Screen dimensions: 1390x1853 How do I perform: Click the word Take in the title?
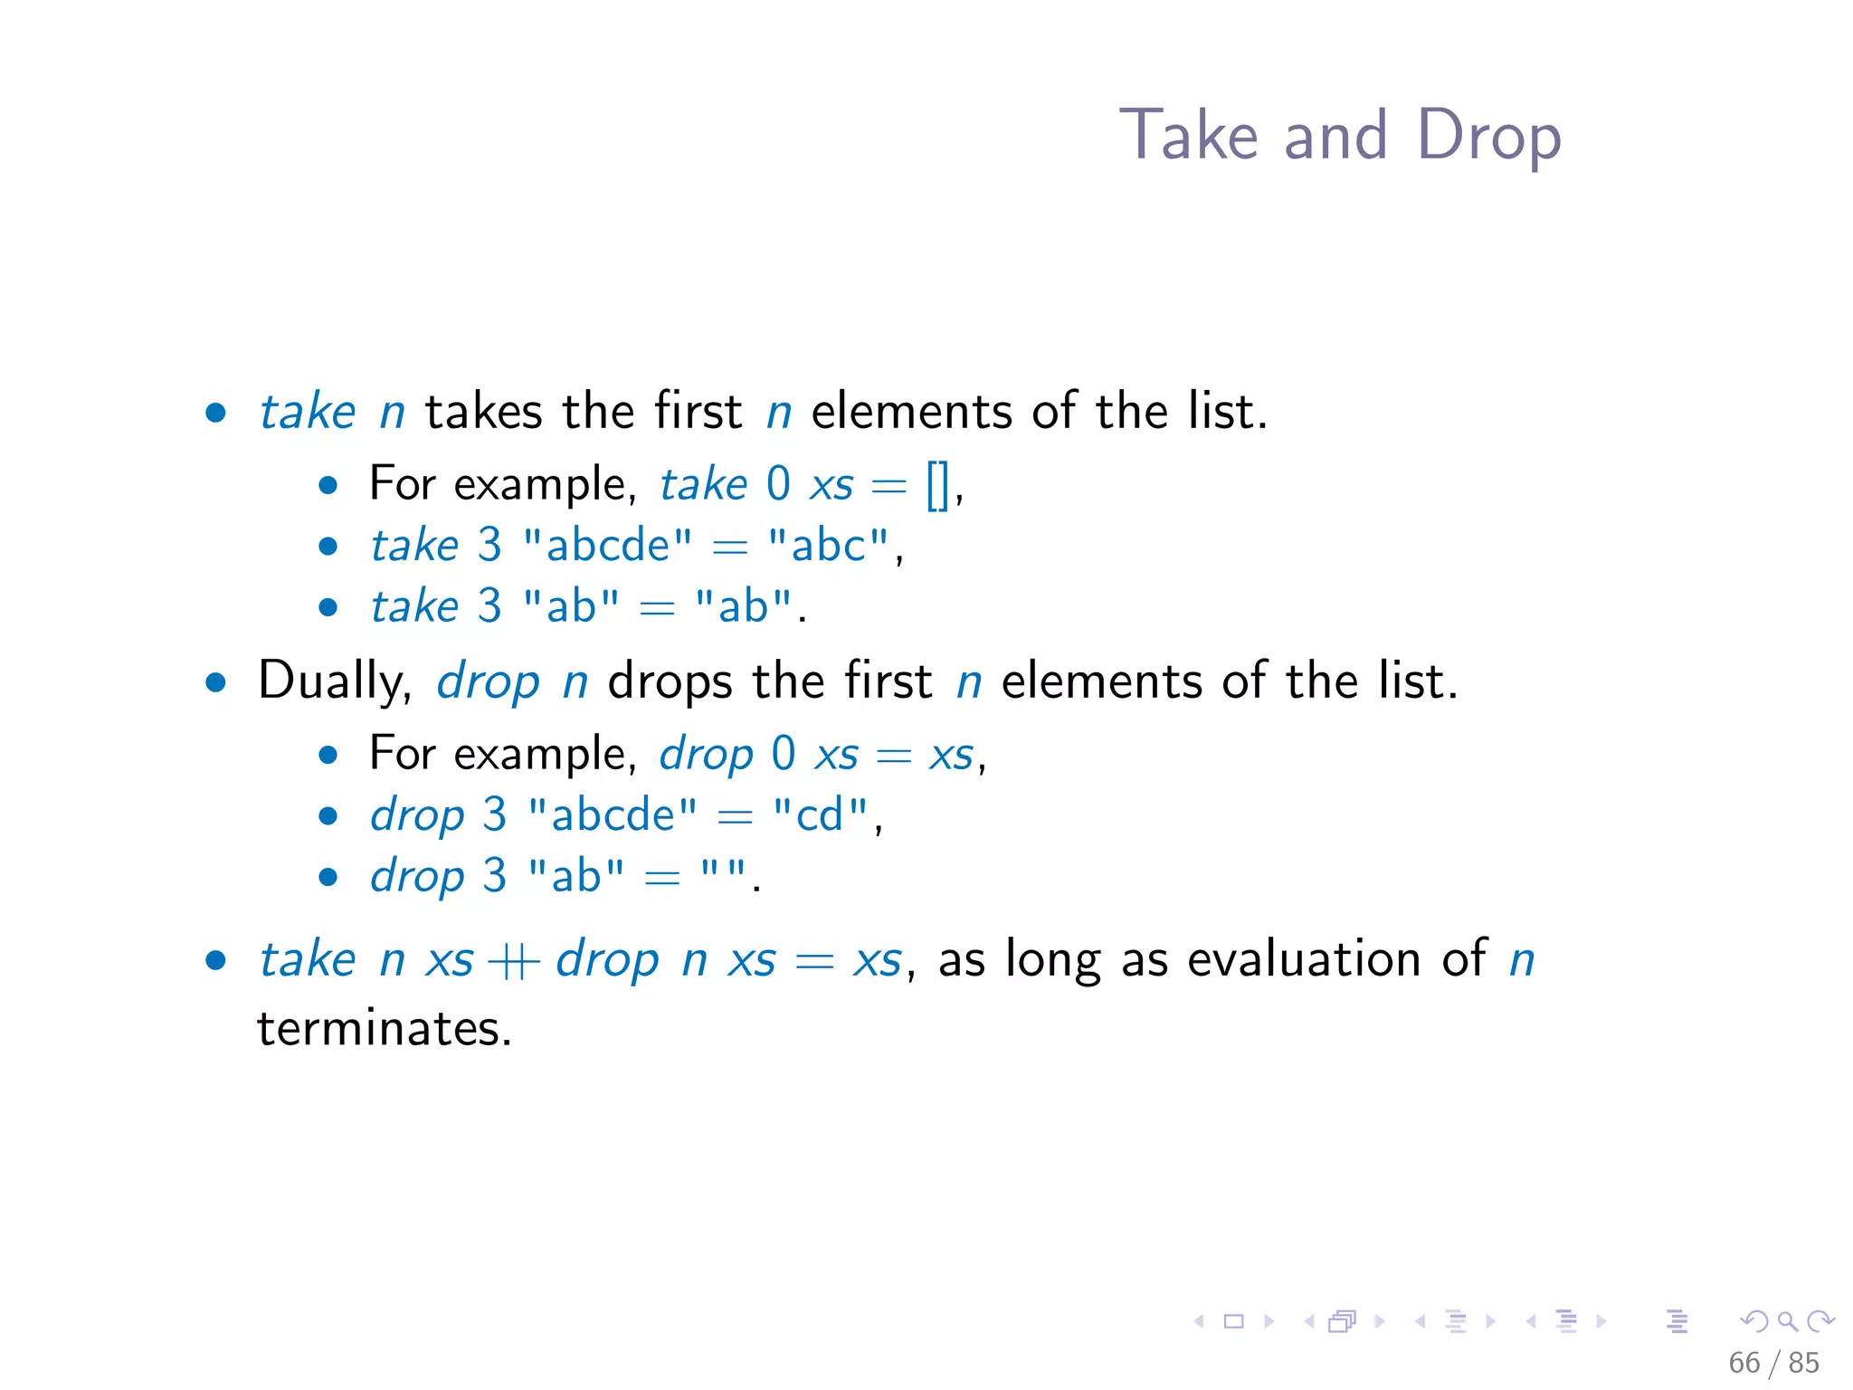point(1188,135)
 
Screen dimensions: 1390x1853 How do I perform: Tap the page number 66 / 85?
point(1772,1362)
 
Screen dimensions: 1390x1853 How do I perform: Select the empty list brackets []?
point(937,485)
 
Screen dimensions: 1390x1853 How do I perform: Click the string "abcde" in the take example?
point(608,545)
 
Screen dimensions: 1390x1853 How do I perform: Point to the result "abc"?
point(828,545)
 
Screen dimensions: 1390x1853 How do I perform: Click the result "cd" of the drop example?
point(820,814)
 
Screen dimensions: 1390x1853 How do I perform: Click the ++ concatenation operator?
point(514,961)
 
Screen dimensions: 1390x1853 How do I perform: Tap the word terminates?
point(385,1029)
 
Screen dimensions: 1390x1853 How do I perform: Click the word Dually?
point(334,681)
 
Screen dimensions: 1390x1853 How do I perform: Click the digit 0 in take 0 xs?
point(778,484)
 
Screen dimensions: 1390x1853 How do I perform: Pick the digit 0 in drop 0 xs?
point(784,754)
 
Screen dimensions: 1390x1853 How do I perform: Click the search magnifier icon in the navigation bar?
point(1787,1321)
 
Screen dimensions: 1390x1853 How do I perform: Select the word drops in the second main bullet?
point(670,681)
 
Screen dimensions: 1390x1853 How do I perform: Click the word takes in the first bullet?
point(483,412)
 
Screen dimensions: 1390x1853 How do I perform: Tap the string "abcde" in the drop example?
point(613,814)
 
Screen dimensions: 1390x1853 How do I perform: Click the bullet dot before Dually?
point(215,682)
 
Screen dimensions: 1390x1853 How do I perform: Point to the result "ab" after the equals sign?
point(743,606)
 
